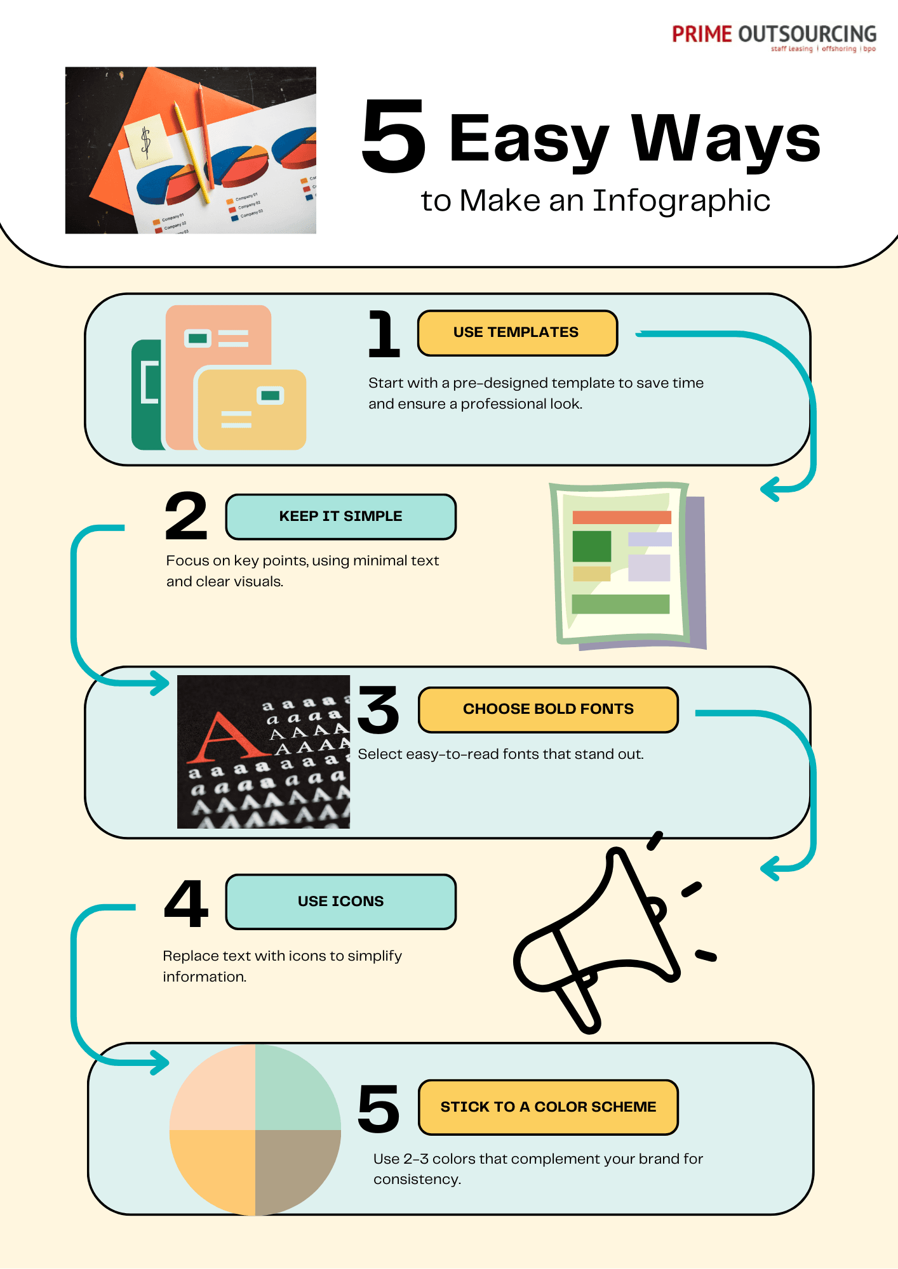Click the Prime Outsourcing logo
[774, 37]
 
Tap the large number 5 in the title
[393, 136]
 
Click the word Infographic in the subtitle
[681, 201]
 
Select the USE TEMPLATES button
[517, 332]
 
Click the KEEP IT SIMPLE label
[340, 516]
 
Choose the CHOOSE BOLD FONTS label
[547, 709]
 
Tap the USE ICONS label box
[340, 902]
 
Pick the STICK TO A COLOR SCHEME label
[547, 1107]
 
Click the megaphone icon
[603, 939]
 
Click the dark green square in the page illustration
[591, 546]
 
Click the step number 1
[384, 334]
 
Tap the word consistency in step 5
[417, 1180]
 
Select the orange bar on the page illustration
[621, 517]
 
